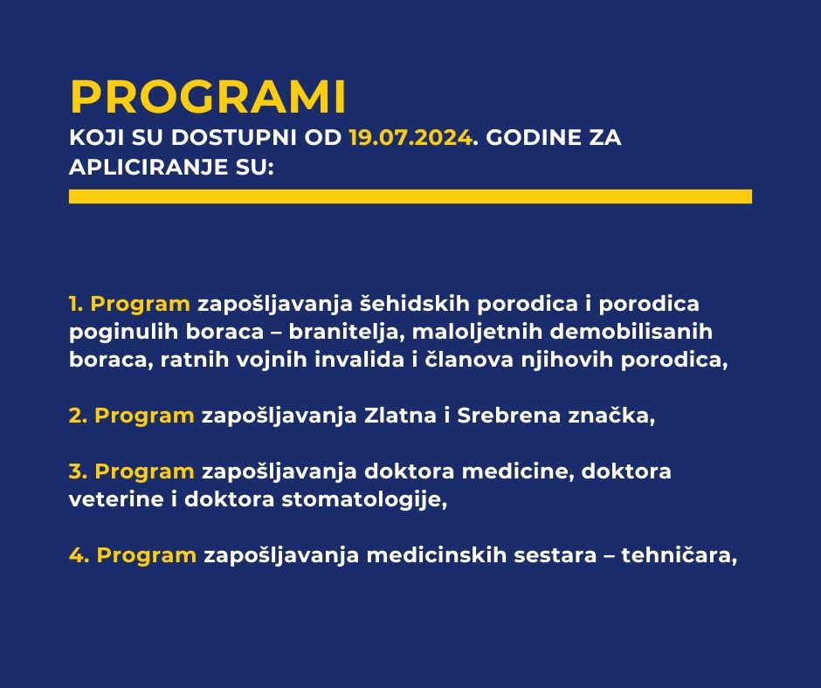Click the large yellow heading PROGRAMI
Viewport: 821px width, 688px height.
[x=208, y=97]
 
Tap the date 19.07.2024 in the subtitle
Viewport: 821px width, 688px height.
[x=410, y=138]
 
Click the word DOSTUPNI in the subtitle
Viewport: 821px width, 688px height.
[x=257, y=138]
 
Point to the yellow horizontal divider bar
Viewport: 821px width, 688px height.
[x=410, y=196]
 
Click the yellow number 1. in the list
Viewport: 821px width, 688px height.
[x=76, y=304]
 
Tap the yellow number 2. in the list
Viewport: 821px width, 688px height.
[x=78, y=416]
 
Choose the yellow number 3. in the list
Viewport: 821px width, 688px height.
[x=78, y=471]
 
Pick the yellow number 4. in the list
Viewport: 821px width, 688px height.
[x=79, y=555]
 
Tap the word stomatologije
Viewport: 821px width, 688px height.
[x=364, y=500]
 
